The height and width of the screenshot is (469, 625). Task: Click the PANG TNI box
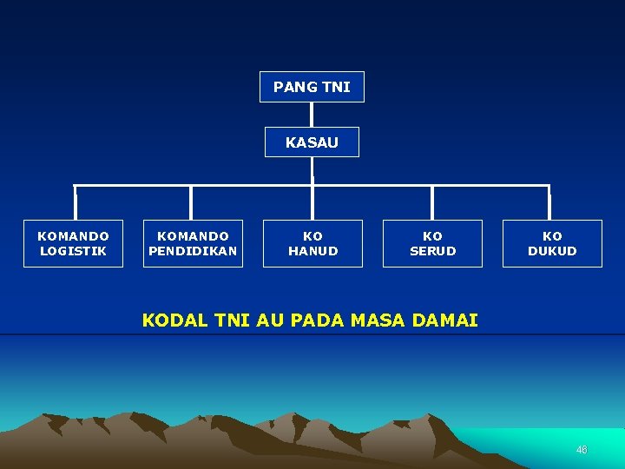point(312,87)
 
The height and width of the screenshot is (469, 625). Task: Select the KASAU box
point(312,142)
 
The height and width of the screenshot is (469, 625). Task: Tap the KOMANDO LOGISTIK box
point(73,243)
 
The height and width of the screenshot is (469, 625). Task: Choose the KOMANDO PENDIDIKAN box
point(193,243)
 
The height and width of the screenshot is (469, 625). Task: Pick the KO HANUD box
point(312,243)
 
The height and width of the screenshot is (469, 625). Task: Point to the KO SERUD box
point(432,243)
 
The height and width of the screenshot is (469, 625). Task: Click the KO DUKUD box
point(552,243)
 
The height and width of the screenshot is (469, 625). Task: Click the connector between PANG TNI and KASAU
point(312,115)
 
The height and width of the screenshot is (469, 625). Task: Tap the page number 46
point(582,450)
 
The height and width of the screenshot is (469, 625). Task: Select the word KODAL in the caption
point(174,320)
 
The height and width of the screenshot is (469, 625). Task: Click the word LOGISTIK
point(73,251)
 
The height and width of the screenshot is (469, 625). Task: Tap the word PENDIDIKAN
point(193,251)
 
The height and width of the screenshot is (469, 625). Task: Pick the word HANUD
point(312,251)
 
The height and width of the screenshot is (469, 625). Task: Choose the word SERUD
point(432,251)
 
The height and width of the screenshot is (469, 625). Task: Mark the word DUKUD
point(552,251)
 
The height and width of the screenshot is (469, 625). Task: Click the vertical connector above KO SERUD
point(432,202)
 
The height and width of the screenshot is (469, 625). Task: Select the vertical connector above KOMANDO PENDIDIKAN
point(191,202)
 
